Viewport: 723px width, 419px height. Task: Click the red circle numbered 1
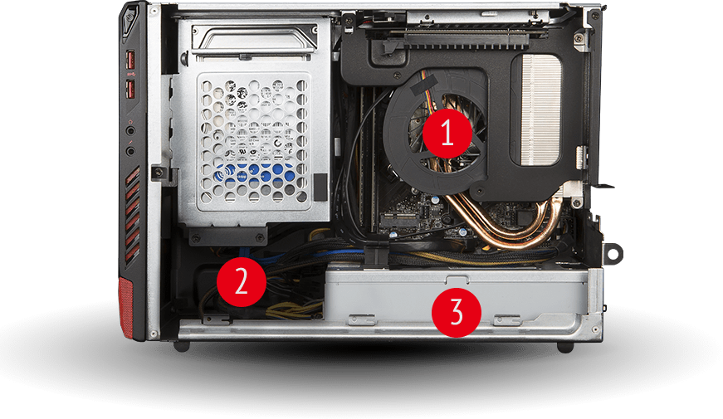tap(447, 134)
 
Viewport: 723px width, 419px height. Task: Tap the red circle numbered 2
tap(242, 281)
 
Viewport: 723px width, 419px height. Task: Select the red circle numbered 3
tap(456, 312)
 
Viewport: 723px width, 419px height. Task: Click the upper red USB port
tap(129, 60)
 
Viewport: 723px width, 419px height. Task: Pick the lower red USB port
tap(130, 90)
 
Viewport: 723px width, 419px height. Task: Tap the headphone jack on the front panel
tap(130, 130)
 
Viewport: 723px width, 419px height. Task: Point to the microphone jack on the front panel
tap(130, 150)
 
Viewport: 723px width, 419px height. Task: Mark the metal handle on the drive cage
tap(256, 38)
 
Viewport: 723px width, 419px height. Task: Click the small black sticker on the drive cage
tap(320, 188)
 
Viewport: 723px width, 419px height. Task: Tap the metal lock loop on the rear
tap(614, 253)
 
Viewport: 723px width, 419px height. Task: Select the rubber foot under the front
tap(182, 346)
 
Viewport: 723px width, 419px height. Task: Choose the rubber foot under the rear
tap(565, 347)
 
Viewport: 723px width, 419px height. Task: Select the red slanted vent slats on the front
tap(133, 217)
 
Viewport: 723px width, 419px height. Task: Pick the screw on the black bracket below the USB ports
tap(159, 173)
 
